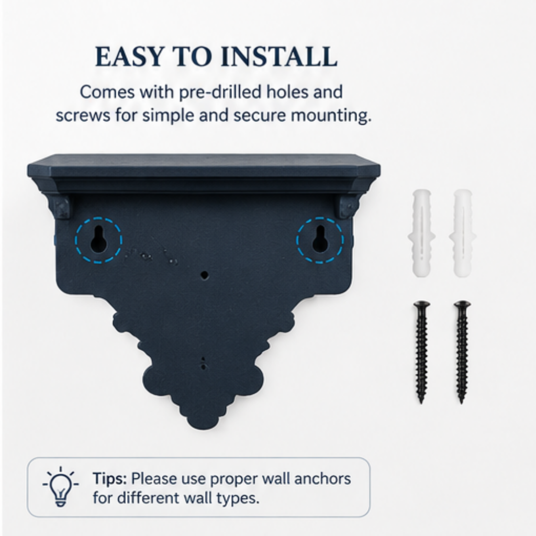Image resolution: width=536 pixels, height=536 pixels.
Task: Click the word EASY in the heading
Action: click(129, 57)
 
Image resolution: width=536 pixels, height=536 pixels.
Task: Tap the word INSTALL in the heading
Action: click(280, 57)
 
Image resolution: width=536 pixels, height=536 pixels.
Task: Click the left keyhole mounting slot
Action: click(98, 239)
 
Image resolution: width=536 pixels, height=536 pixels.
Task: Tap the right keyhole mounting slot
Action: click(320, 239)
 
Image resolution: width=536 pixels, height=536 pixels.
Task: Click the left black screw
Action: click(421, 352)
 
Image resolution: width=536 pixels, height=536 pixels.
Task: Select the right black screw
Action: click(462, 352)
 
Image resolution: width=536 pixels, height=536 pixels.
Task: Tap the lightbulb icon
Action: click(61, 487)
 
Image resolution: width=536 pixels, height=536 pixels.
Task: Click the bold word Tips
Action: click(109, 479)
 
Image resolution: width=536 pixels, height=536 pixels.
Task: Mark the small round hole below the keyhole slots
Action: click(205, 275)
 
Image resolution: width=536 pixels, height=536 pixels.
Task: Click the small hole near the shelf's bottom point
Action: click(204, 367)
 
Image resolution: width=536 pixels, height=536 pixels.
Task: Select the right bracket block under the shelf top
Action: click(349, 207)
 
